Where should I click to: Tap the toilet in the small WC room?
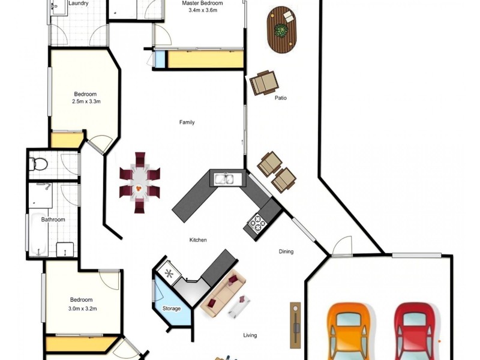click(38, 164)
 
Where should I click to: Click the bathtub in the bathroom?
click(38, 234)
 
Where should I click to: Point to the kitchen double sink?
click(227, 179)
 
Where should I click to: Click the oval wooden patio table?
click(281, 30)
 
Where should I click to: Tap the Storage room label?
click(172, 308)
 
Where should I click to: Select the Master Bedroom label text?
click(202, 4)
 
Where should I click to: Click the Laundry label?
click(79, 4)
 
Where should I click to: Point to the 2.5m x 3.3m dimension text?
click(86, 101)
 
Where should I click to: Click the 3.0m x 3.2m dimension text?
click(83, 308)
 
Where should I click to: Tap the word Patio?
click(281, 98)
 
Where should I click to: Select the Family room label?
click(187, 122)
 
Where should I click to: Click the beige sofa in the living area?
click(223, 293)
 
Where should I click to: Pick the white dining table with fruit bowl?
click(139, 183)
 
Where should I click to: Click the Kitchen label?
click(198, 240)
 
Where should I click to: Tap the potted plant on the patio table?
click(281, 31)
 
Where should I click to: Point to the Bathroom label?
click(53, 220)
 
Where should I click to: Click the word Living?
click(250, 335)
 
